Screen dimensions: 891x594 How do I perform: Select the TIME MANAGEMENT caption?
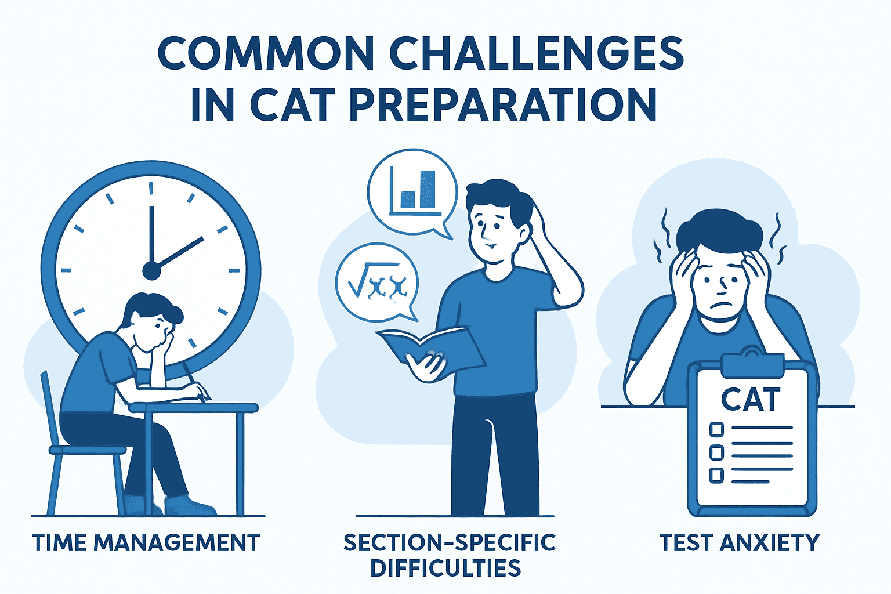146,542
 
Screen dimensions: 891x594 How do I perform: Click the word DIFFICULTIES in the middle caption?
446,568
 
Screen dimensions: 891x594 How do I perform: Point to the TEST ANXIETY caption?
740,542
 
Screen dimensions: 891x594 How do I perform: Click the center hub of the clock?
151,271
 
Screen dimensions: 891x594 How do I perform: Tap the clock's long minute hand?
151,235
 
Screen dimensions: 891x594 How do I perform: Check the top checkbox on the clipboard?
716,429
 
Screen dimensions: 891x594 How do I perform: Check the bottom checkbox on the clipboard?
716,476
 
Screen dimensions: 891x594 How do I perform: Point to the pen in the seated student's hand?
197,382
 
